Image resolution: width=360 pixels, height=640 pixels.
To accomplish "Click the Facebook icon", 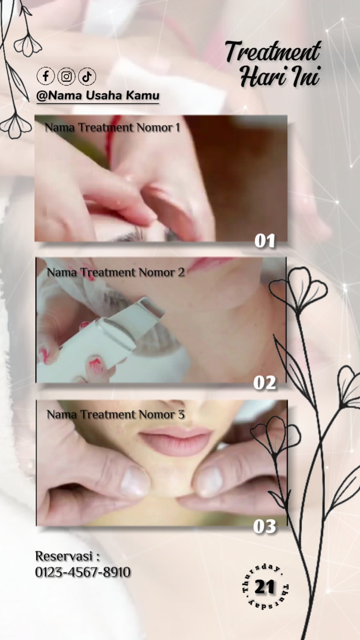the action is click(45, 76).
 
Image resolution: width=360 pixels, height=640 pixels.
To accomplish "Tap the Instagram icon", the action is click(66, 76).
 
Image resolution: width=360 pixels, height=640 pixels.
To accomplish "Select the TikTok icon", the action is click(87, 76).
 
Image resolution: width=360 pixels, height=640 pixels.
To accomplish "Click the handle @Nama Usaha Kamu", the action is click(98, 95).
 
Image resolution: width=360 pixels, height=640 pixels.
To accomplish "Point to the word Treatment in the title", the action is click(273, 51).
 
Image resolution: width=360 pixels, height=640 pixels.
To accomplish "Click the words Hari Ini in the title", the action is click(280, 76).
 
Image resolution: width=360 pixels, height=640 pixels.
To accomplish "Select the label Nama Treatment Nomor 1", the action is click(112, 128).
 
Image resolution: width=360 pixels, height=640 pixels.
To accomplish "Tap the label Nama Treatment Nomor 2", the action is click(116, 272).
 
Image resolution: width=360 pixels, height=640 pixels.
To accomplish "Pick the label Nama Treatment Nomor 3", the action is click(116, 415).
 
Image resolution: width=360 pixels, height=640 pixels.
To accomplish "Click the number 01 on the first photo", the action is click(265, 241).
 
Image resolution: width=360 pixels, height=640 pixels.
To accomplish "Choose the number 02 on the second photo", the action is click(265, 382).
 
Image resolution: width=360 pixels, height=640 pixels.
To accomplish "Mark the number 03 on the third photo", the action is click(265, 526).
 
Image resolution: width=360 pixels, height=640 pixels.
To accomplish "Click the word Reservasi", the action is click(64, 556).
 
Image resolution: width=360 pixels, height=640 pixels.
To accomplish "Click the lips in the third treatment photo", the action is click(175, 441).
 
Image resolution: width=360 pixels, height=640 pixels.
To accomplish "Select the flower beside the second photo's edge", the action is click(298, 288).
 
